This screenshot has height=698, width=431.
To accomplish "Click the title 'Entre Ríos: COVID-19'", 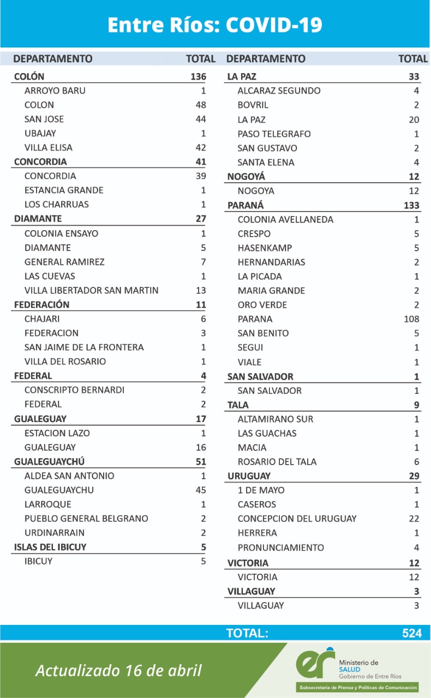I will click(x=215, y=25).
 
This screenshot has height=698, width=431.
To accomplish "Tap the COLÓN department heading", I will click(x=29, y=76).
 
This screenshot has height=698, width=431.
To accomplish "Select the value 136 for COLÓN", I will click(x=198, y=76).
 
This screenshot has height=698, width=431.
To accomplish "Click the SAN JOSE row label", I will click(x=44, y=119).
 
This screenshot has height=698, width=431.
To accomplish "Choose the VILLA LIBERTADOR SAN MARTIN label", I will click(x=92, y=290).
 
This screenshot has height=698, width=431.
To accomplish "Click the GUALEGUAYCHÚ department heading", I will click(x=49, y=461).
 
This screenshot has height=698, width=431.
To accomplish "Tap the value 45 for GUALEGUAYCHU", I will click(x=200, y=490).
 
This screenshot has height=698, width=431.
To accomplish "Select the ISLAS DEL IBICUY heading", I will click(x=50, y=547).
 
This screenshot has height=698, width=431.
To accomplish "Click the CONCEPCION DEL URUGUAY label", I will click(x=297, y=519).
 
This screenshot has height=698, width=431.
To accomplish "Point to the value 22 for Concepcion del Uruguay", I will click(x=414, y=519).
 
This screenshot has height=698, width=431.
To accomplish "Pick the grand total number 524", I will click(x=412, y=633).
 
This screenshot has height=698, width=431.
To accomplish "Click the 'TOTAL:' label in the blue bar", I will click(x=247, y=633).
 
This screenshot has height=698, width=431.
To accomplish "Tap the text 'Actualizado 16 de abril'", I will click(x=118, y=670).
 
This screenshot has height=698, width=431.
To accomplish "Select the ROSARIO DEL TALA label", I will click(x=277, y=461).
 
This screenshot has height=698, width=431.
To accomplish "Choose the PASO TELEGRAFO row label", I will click(x=274, y=134).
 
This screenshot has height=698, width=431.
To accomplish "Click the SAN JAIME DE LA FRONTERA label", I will click(x=84, y=347).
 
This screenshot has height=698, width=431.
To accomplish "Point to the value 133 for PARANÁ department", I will click(x=411, y=205).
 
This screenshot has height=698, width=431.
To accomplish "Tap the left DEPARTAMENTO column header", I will click(x=53, y=58).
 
